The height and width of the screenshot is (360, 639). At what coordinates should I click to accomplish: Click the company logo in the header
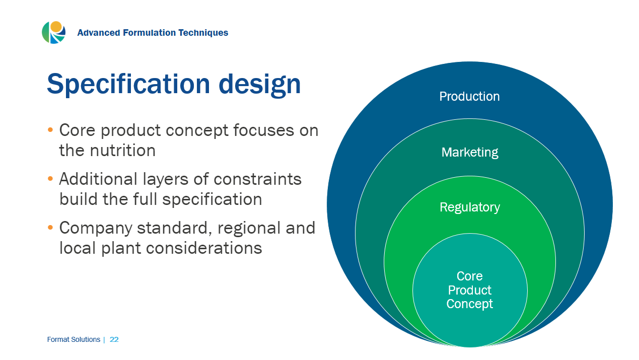coord(53,33)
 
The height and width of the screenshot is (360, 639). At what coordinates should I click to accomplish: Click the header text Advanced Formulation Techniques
coord(153,33)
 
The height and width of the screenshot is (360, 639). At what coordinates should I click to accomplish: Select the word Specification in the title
coord(128,84)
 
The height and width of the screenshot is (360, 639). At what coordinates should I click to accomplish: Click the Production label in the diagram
coord(469,96)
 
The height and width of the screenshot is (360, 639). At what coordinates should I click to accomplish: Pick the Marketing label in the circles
coord(469,152)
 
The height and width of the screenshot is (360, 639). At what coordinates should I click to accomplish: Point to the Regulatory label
coord(469,207)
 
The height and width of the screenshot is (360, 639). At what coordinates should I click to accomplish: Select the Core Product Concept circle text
coord(469,290)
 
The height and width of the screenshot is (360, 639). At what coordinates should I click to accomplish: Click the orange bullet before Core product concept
coord(50,130)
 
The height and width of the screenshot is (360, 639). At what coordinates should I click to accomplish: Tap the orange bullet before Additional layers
coord(50,179)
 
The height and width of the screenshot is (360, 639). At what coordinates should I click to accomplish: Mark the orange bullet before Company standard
coord(50,228)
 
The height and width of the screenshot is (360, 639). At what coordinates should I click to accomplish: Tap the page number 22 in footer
coord(114,340)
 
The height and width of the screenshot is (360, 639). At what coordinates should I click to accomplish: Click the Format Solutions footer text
coord(74,340)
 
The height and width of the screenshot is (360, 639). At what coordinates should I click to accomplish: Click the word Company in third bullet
coord(96,228)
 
